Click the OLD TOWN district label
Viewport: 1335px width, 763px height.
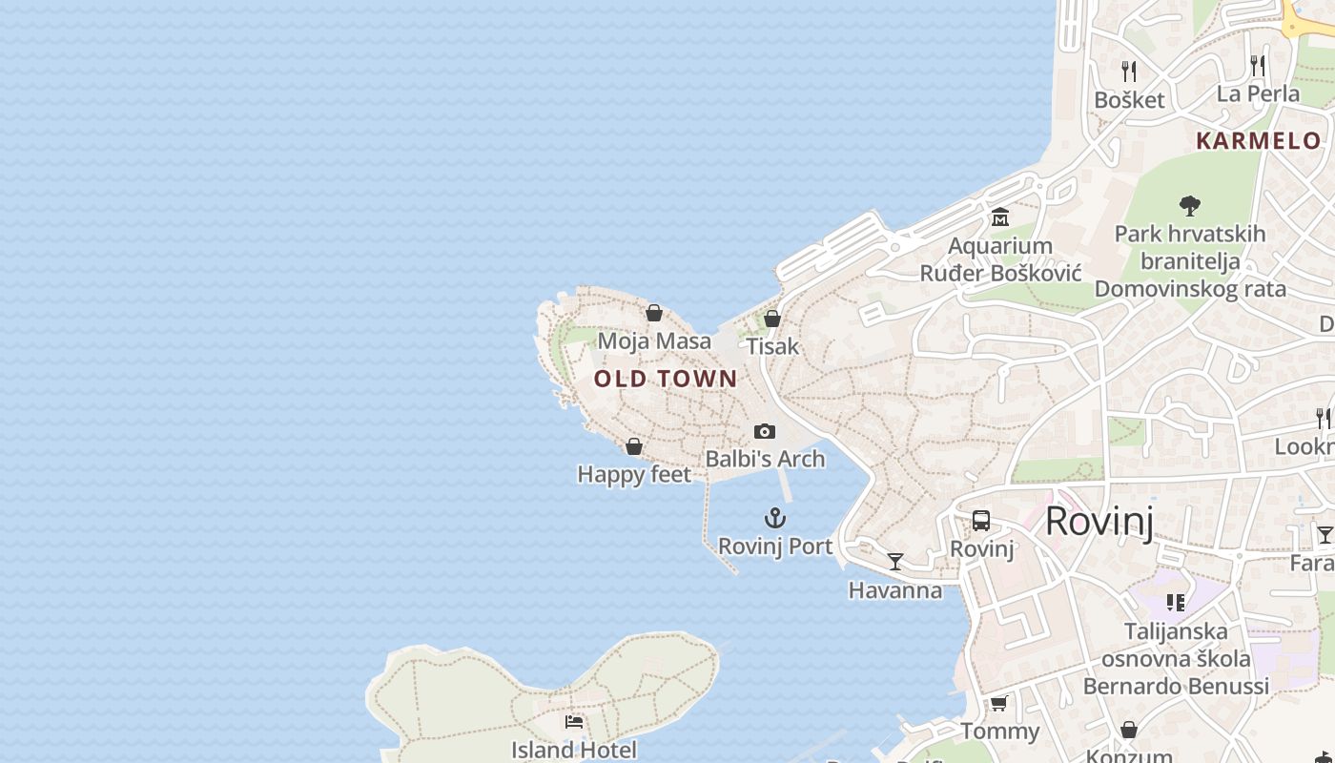666,379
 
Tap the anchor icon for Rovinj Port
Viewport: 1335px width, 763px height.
775,518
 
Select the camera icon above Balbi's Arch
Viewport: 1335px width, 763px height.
765,431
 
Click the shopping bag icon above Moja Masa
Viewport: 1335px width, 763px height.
654,313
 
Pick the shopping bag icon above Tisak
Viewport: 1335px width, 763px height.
772,319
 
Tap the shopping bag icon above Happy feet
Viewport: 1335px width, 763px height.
634,446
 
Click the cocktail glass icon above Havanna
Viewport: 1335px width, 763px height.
895,562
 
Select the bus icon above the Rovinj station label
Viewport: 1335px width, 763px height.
981,521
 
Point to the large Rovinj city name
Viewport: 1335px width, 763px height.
1099,522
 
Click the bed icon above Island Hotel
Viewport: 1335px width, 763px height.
574,722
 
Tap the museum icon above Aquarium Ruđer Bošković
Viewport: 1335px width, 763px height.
999,217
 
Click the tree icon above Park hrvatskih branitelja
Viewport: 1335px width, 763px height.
1189,205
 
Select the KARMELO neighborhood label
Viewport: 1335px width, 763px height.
1259,141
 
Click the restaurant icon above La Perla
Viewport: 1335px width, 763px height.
1258,66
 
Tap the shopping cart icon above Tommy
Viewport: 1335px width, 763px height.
998,704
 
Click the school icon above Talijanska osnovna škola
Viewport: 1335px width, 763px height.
1176,603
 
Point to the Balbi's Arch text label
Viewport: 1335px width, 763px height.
765,459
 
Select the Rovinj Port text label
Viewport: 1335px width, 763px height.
775,546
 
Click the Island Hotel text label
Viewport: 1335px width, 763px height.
574,750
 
